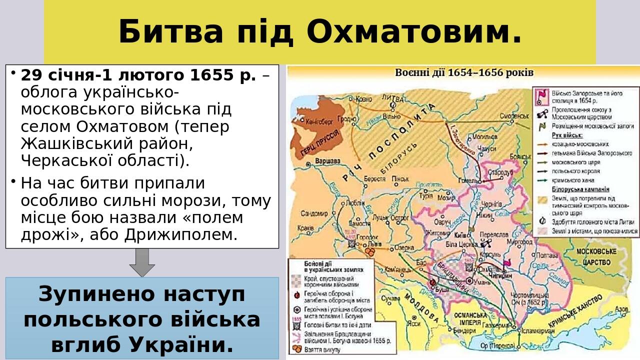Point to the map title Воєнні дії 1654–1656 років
(464, 72)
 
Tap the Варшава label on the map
(328, 161)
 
